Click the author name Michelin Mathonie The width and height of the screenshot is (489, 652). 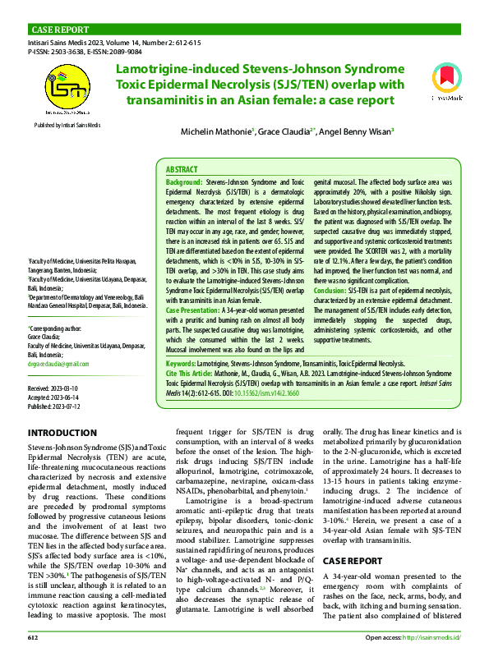(217, 131)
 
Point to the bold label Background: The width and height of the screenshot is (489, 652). (184, 181)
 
